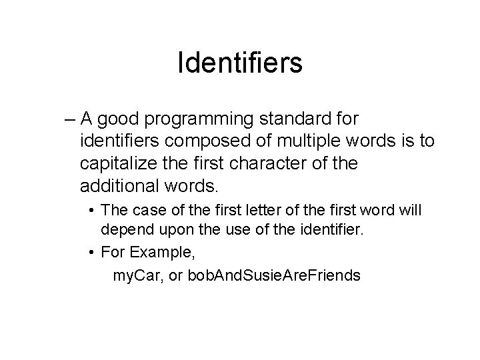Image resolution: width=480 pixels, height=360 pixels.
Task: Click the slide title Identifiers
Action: (x=240, y=63)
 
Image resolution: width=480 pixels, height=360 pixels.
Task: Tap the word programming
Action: (x=199, y=120)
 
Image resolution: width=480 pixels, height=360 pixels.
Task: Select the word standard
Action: (x=295, y=118)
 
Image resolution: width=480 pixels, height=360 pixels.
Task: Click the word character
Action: (x=267, y=163)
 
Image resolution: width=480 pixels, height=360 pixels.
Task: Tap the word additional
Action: (x=119, y=185)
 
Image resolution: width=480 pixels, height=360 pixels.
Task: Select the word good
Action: (x=118, y=120)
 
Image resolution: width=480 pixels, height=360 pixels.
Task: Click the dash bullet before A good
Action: (x=70, y=120)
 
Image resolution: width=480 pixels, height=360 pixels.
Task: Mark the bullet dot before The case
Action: (x=91, y=211)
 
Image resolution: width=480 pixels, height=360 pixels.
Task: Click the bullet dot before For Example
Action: (x=91, y=253)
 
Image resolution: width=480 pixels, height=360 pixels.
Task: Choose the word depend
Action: (x=127, y=231)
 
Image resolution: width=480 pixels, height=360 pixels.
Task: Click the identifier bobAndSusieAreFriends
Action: (x=274, y=275)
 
